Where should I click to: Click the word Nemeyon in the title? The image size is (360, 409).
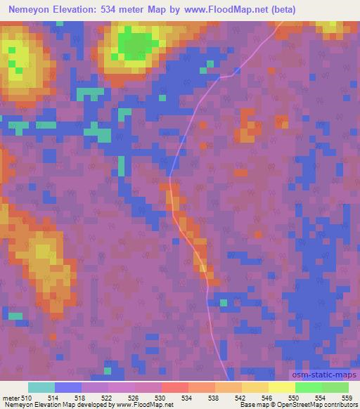click(32, 9)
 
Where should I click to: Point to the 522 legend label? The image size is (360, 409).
click(107, 398)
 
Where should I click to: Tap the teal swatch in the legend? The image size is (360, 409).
click(41, 387)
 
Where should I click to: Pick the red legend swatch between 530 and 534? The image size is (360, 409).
click(174, 387)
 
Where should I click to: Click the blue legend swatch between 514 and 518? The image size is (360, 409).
click(67, 387)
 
